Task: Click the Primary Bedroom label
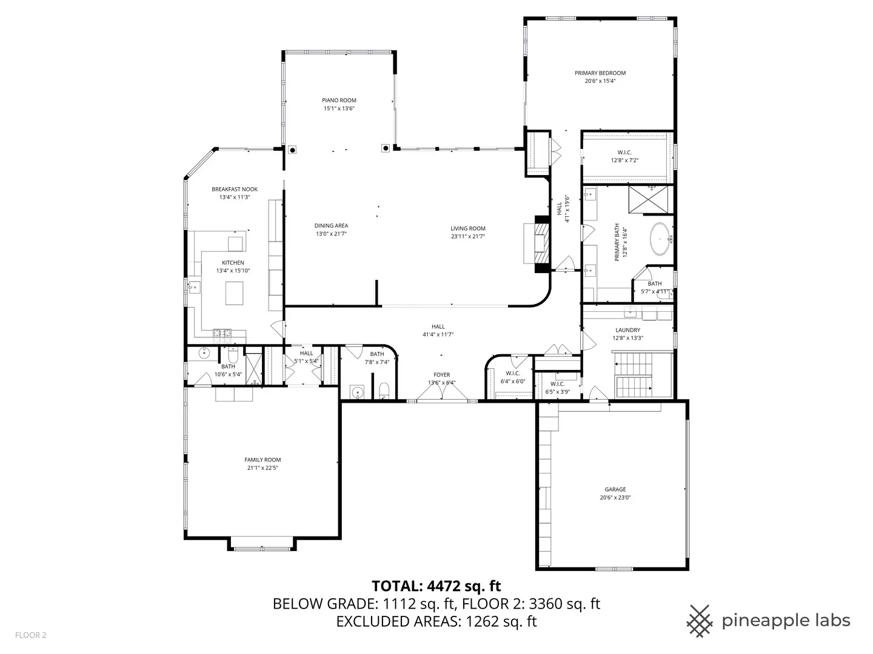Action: coord(600,73)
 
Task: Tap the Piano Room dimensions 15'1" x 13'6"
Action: coord(339,108)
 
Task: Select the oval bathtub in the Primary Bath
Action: coord(660,239)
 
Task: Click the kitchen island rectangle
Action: coord(234,293)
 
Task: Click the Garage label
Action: coord(615,490)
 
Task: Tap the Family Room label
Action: coord(263,460)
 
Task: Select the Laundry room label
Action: coord(627,330)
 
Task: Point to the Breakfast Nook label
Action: coord(235,190)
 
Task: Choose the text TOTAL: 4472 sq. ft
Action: coord(436,586)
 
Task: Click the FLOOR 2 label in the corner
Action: coord(31,635)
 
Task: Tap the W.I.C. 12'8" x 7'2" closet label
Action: coord(624,156)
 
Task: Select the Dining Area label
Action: coord(331,226)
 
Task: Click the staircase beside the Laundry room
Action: coord(634,375)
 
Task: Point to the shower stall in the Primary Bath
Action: coord(648,199)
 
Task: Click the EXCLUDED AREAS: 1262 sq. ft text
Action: coord(436,621)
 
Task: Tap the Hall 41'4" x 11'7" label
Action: coord(438,331)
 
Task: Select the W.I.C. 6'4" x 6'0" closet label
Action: coord(513,377)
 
